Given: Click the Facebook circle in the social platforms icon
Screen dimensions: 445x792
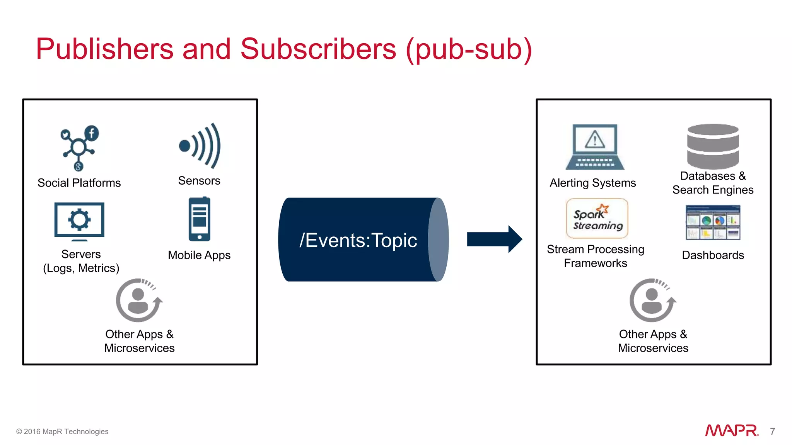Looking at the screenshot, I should point(92,133).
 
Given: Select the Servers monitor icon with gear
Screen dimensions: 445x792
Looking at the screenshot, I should point(79,221).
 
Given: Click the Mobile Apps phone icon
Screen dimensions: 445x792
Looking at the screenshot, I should point(200,219).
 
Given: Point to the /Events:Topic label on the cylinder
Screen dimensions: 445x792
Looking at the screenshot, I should point(358,240).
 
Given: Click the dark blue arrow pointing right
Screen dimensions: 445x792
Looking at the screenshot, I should point(494,239).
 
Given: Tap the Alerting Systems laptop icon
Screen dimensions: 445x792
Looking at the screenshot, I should point(595,147).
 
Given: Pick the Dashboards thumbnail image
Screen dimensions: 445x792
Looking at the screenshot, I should point(713,222).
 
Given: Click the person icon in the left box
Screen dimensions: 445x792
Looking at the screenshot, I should point(139,300).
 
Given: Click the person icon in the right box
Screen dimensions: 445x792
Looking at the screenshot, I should point(652,300).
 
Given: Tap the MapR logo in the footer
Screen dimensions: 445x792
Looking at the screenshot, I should point(731,430).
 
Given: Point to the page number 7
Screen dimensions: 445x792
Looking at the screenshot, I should point(772,431).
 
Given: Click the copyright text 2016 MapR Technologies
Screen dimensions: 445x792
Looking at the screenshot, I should point(62,431).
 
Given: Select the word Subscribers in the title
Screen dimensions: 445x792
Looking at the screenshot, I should point(318,49).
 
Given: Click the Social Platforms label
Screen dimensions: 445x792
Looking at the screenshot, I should point(79,183).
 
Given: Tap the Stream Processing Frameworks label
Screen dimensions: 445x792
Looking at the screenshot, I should point(596,256).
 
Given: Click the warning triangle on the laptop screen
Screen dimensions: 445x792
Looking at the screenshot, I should point(595,139).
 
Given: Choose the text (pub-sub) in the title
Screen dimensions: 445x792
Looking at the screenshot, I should point(469,49).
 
